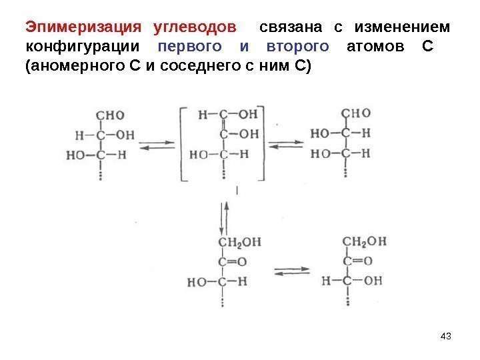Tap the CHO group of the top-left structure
(x=110, y=115)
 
